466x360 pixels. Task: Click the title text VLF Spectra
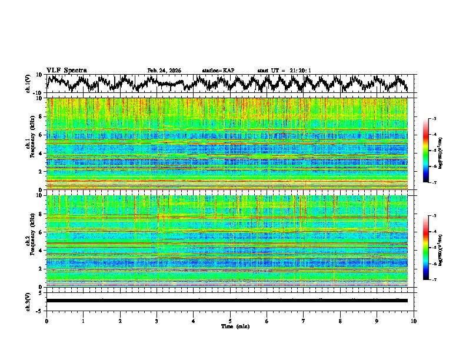(x=66, y=70)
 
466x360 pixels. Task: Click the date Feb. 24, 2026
(x=164, y=71)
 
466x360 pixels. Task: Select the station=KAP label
(x=218, y=71)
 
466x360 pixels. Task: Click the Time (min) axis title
(x=230, y=326)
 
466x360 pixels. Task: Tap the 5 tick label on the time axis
(x=230, y=321)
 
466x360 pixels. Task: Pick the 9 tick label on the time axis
(x=377, y=321)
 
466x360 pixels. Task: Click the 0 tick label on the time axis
(x=46, y=321)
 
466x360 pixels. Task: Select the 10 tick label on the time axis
(x=414, y=321)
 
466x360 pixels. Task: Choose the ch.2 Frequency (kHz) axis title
(x=31, y=241)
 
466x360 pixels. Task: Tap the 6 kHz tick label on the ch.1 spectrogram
(x=42, y=135)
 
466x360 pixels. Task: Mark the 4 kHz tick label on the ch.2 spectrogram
(x=42, y=250)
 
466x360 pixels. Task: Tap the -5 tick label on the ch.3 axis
(x=41, y=309)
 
